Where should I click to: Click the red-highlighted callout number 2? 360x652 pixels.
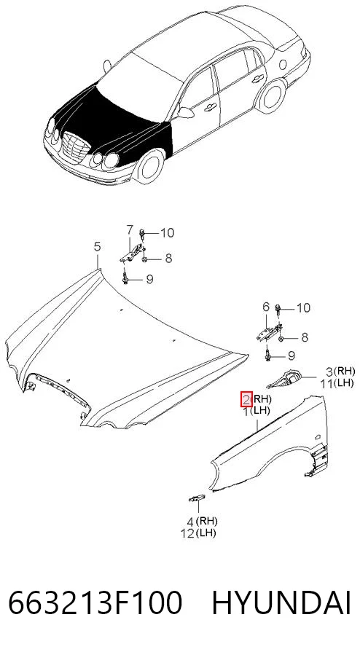click(x=246, y=400)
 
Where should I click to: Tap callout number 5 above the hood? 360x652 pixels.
click(x=97, y=247)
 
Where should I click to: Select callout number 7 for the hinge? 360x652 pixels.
click(x=130, y=229)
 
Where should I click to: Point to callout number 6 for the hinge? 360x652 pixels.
click(x=265, y=307)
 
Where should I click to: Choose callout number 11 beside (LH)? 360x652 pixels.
click(x=326, y=383)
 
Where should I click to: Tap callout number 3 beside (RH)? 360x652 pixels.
click(x=329, y=371)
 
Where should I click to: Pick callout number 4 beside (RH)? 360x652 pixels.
click(x=189, y=522)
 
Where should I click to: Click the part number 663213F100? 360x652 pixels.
click(x=95, y=604)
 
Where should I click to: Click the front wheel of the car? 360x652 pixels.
click(x=148, y=166)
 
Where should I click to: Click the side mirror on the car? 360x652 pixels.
click(x=186, y=112)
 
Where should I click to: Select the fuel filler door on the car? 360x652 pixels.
click(x=283, y=64)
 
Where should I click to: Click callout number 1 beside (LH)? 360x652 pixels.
click(x=246, y=412)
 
